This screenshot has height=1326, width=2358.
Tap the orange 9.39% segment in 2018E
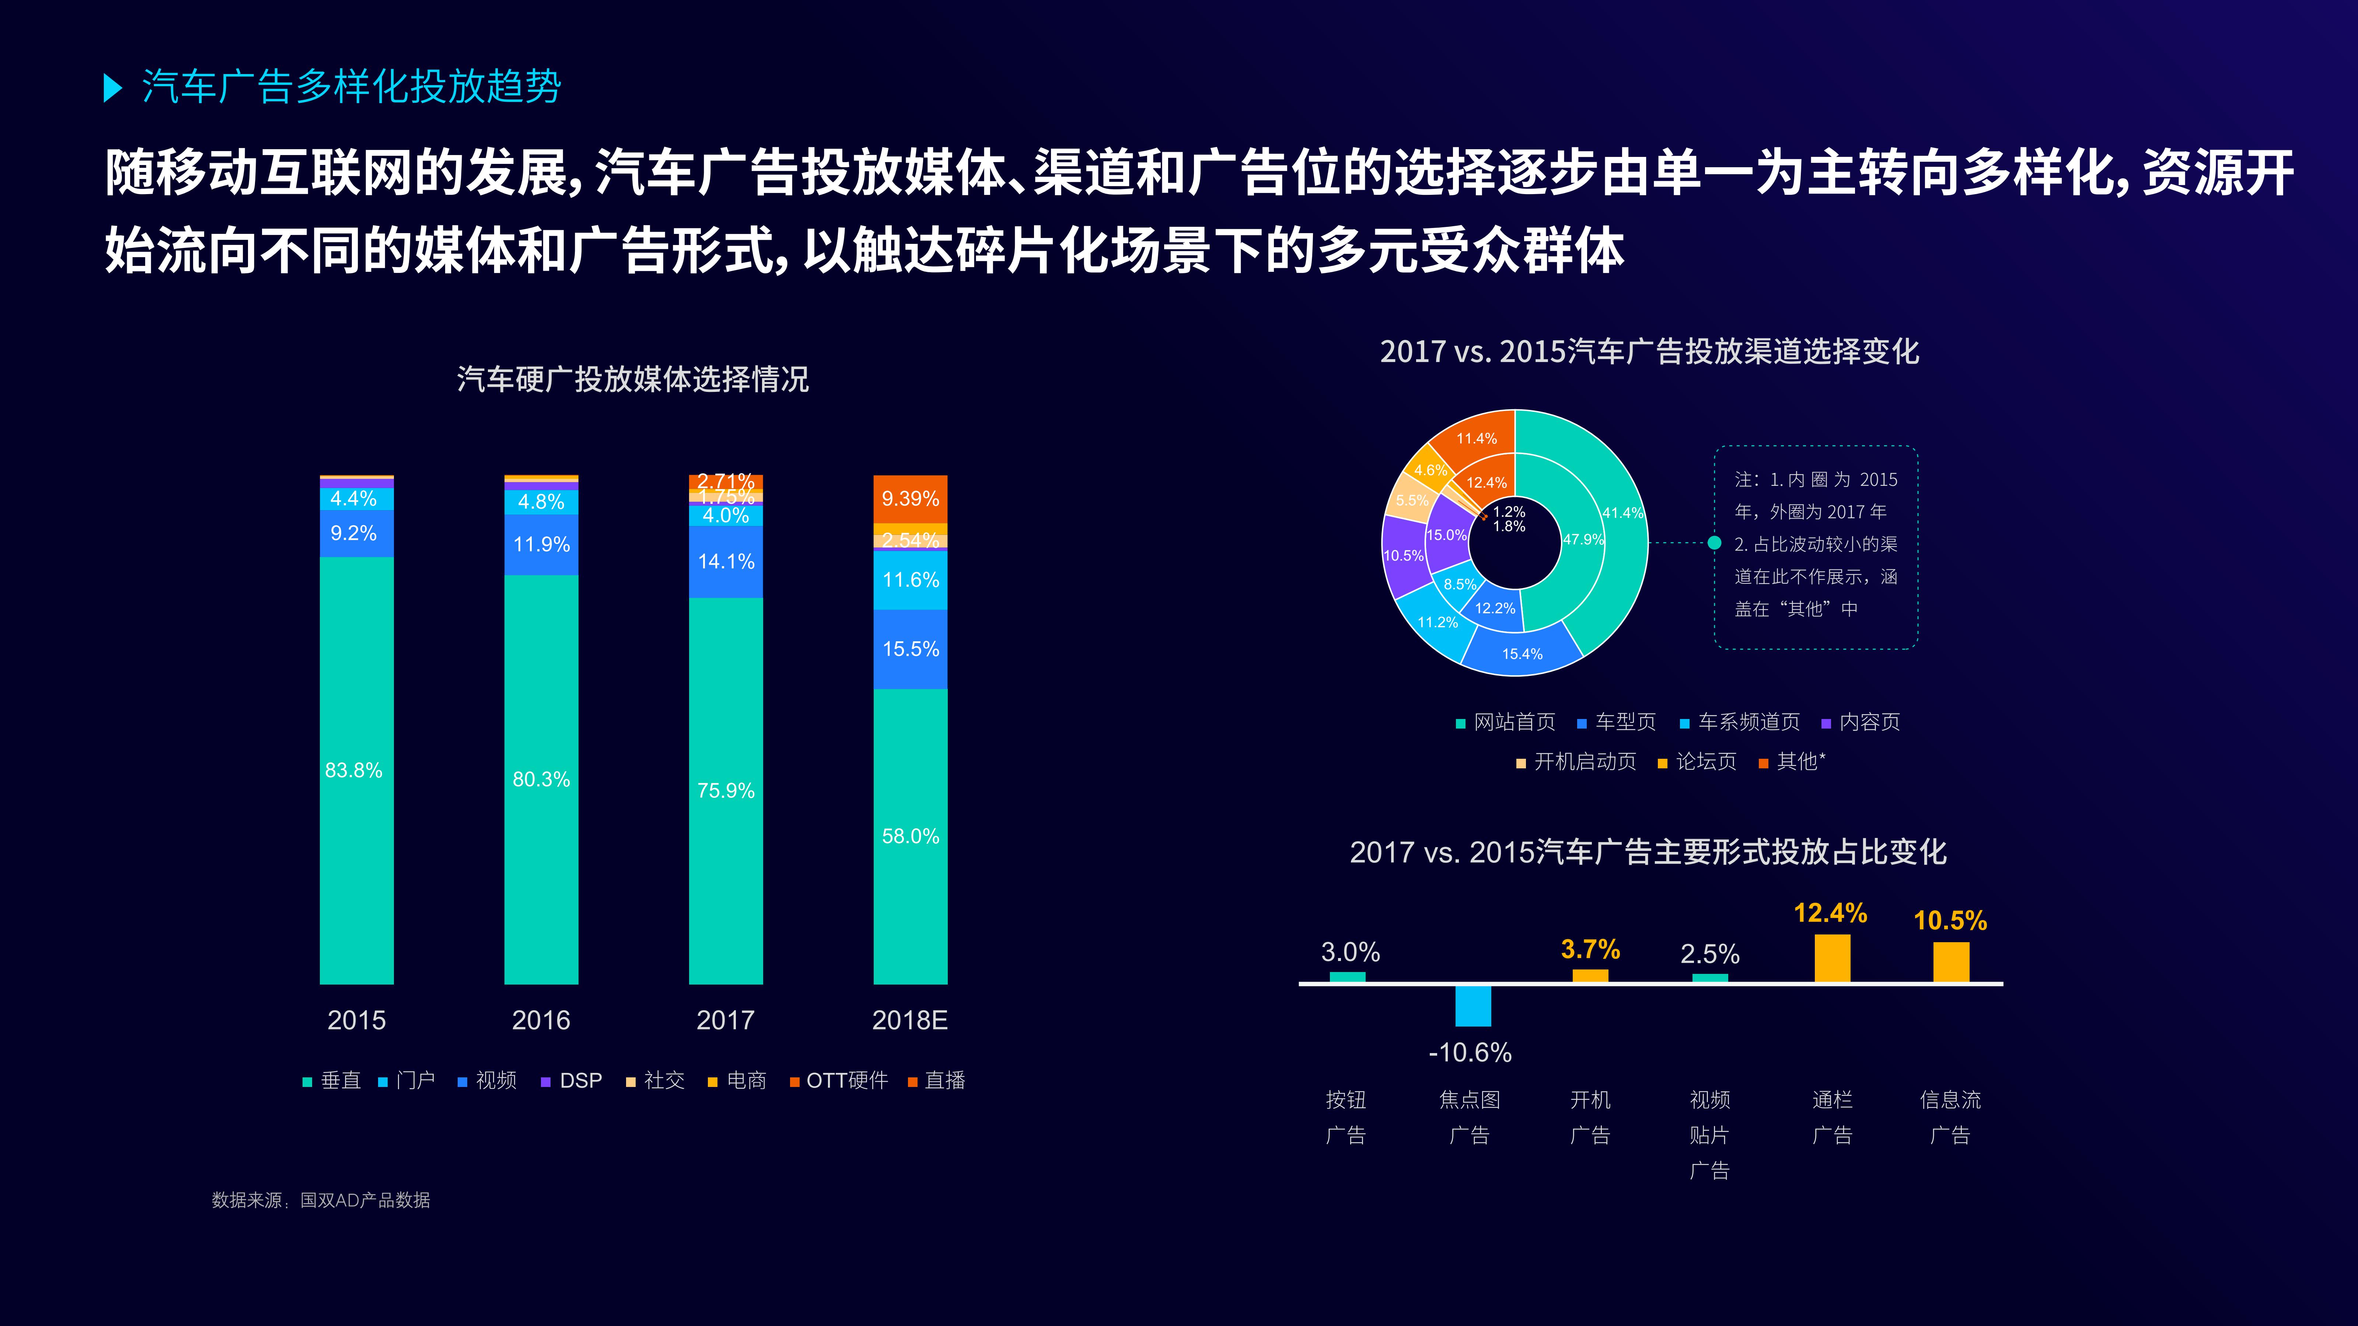[x=910, y=499]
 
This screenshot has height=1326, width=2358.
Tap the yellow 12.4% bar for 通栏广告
[x=1832, y=958]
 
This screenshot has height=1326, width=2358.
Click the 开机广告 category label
[x=1590, y=1116]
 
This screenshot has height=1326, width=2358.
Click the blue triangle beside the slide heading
[x=113, y=88]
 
